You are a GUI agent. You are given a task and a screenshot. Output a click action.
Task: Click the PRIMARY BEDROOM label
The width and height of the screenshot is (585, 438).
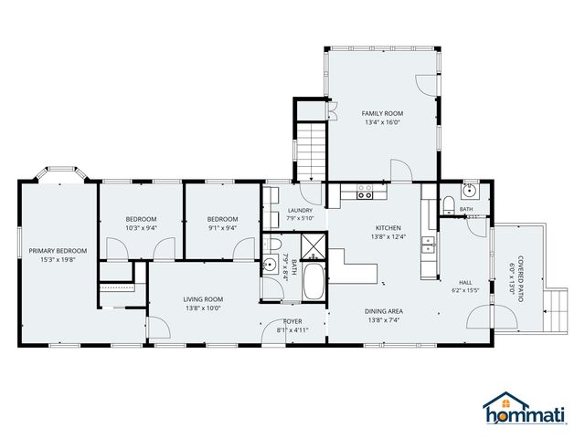(x=58, y=251)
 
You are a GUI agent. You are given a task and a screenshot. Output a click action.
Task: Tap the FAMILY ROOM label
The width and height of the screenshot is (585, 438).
(x=382, y=113)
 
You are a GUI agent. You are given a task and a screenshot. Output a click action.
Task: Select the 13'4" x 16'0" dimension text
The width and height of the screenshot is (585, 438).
(x=382, y=122)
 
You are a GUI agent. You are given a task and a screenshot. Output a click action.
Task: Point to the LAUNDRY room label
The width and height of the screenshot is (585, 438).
(x=300, y=211)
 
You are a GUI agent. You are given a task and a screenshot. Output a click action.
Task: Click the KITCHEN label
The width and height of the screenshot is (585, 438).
(x=388, y=227)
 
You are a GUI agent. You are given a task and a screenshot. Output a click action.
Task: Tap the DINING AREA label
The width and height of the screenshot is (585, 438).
(x=384, y=311)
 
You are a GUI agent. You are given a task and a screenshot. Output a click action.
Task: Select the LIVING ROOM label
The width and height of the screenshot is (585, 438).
(x=203, y=299)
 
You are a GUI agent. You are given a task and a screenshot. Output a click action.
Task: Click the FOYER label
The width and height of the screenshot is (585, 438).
(x=292, y=321)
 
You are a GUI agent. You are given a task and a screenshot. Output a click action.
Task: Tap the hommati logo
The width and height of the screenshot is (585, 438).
(x=525, y=408)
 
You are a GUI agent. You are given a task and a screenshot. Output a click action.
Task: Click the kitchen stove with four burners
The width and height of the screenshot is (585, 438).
(x=365, y=192)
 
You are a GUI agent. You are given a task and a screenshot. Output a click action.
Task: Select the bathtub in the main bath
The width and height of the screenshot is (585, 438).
(x=314, y=281)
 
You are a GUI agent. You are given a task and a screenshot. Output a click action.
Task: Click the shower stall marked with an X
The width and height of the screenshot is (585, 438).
(x=314, y=245)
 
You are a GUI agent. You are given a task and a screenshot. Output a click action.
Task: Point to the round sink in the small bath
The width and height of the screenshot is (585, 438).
(x=468, y=192)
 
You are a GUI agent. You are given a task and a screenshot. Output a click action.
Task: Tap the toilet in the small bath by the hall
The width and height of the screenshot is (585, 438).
(x=448, y=205)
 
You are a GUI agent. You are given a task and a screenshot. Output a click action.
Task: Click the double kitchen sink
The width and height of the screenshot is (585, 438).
(x=428, y=245)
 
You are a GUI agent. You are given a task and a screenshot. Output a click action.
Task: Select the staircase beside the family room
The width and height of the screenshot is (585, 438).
(x=311, y=151)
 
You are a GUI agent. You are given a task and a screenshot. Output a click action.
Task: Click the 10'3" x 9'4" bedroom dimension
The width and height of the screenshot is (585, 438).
(x=141, y=228)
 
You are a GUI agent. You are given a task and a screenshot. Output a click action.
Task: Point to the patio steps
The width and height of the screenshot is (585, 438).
(x=555, y=310)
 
